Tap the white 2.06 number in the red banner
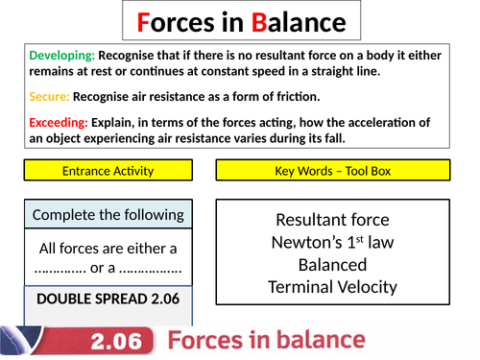coord(124,341)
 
